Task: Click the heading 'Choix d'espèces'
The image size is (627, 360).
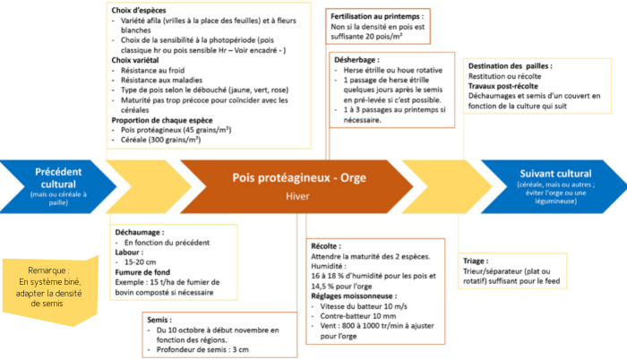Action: [138, 11]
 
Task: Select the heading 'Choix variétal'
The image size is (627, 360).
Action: [135, 60]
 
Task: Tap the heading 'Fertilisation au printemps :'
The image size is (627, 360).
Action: [377, 16]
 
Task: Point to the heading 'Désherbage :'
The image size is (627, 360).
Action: [356, 60]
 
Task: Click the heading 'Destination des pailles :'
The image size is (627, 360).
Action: [511, 66]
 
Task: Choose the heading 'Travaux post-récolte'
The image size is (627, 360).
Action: [503, 86]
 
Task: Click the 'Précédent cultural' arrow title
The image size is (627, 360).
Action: [58, 178]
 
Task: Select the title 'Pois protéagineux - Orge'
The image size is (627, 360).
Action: [299, 177]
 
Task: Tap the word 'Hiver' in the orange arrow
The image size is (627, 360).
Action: [297, 196]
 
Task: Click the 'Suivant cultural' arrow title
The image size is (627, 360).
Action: [555, 174]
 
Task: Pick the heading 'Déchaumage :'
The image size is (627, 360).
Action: [140, 233]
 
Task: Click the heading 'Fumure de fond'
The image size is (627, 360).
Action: [142, 272]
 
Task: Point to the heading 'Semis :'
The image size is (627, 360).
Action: [159, 320]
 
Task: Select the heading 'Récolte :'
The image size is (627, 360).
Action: [326, 246]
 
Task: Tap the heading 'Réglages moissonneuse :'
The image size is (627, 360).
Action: [354, 296]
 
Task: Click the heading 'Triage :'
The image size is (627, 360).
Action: [476, 261]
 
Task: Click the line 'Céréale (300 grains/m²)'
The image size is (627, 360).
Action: [160, 140]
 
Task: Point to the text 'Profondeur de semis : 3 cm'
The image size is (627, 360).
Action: [202, 349]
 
